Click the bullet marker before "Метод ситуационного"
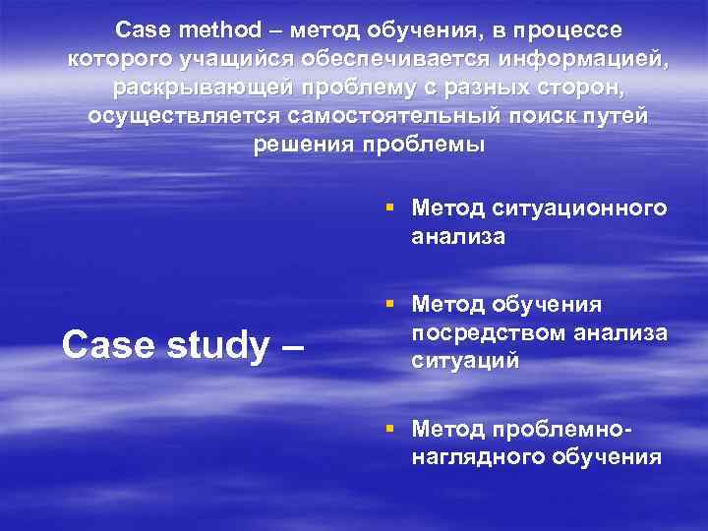(391, 208)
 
